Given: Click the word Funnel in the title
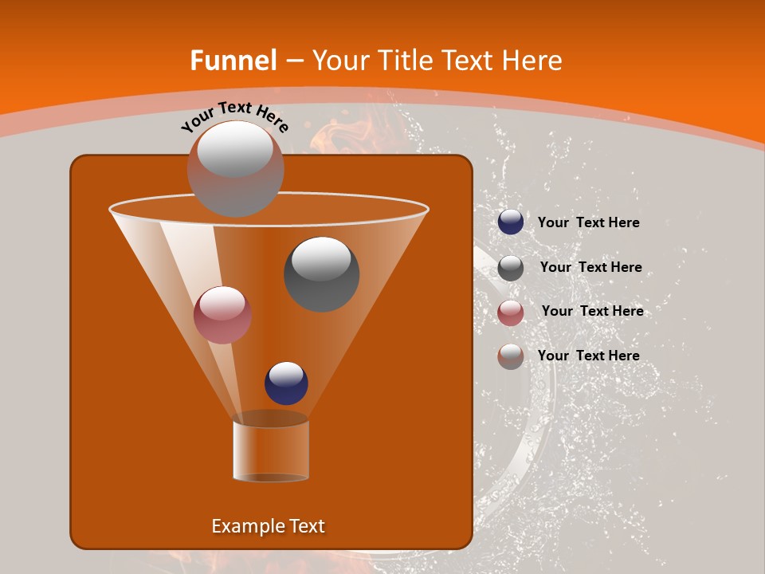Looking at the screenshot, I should [233, 61].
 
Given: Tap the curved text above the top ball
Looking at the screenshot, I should [234, 116].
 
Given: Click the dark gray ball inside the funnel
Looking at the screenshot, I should [321, 274].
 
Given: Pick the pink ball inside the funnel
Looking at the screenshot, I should [222, 315].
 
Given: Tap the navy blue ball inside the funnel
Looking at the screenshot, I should [286, 383].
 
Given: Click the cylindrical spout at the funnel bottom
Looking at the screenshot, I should [271, 450].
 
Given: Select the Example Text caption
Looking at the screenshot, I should [269, 526].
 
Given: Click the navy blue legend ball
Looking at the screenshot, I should [511, 222].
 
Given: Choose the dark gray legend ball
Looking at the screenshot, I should [511, 268].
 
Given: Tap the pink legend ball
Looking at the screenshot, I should [511, 313].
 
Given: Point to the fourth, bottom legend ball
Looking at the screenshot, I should [511, 356].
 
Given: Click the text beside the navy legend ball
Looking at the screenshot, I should [588, 223].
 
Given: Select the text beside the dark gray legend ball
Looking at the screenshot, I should [590, 268].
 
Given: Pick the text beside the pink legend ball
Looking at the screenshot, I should [592, 311].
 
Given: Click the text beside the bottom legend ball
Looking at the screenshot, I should [588, 356].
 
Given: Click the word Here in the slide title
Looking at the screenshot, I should [529, 61].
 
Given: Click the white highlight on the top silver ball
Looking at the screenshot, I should [234, 150].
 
